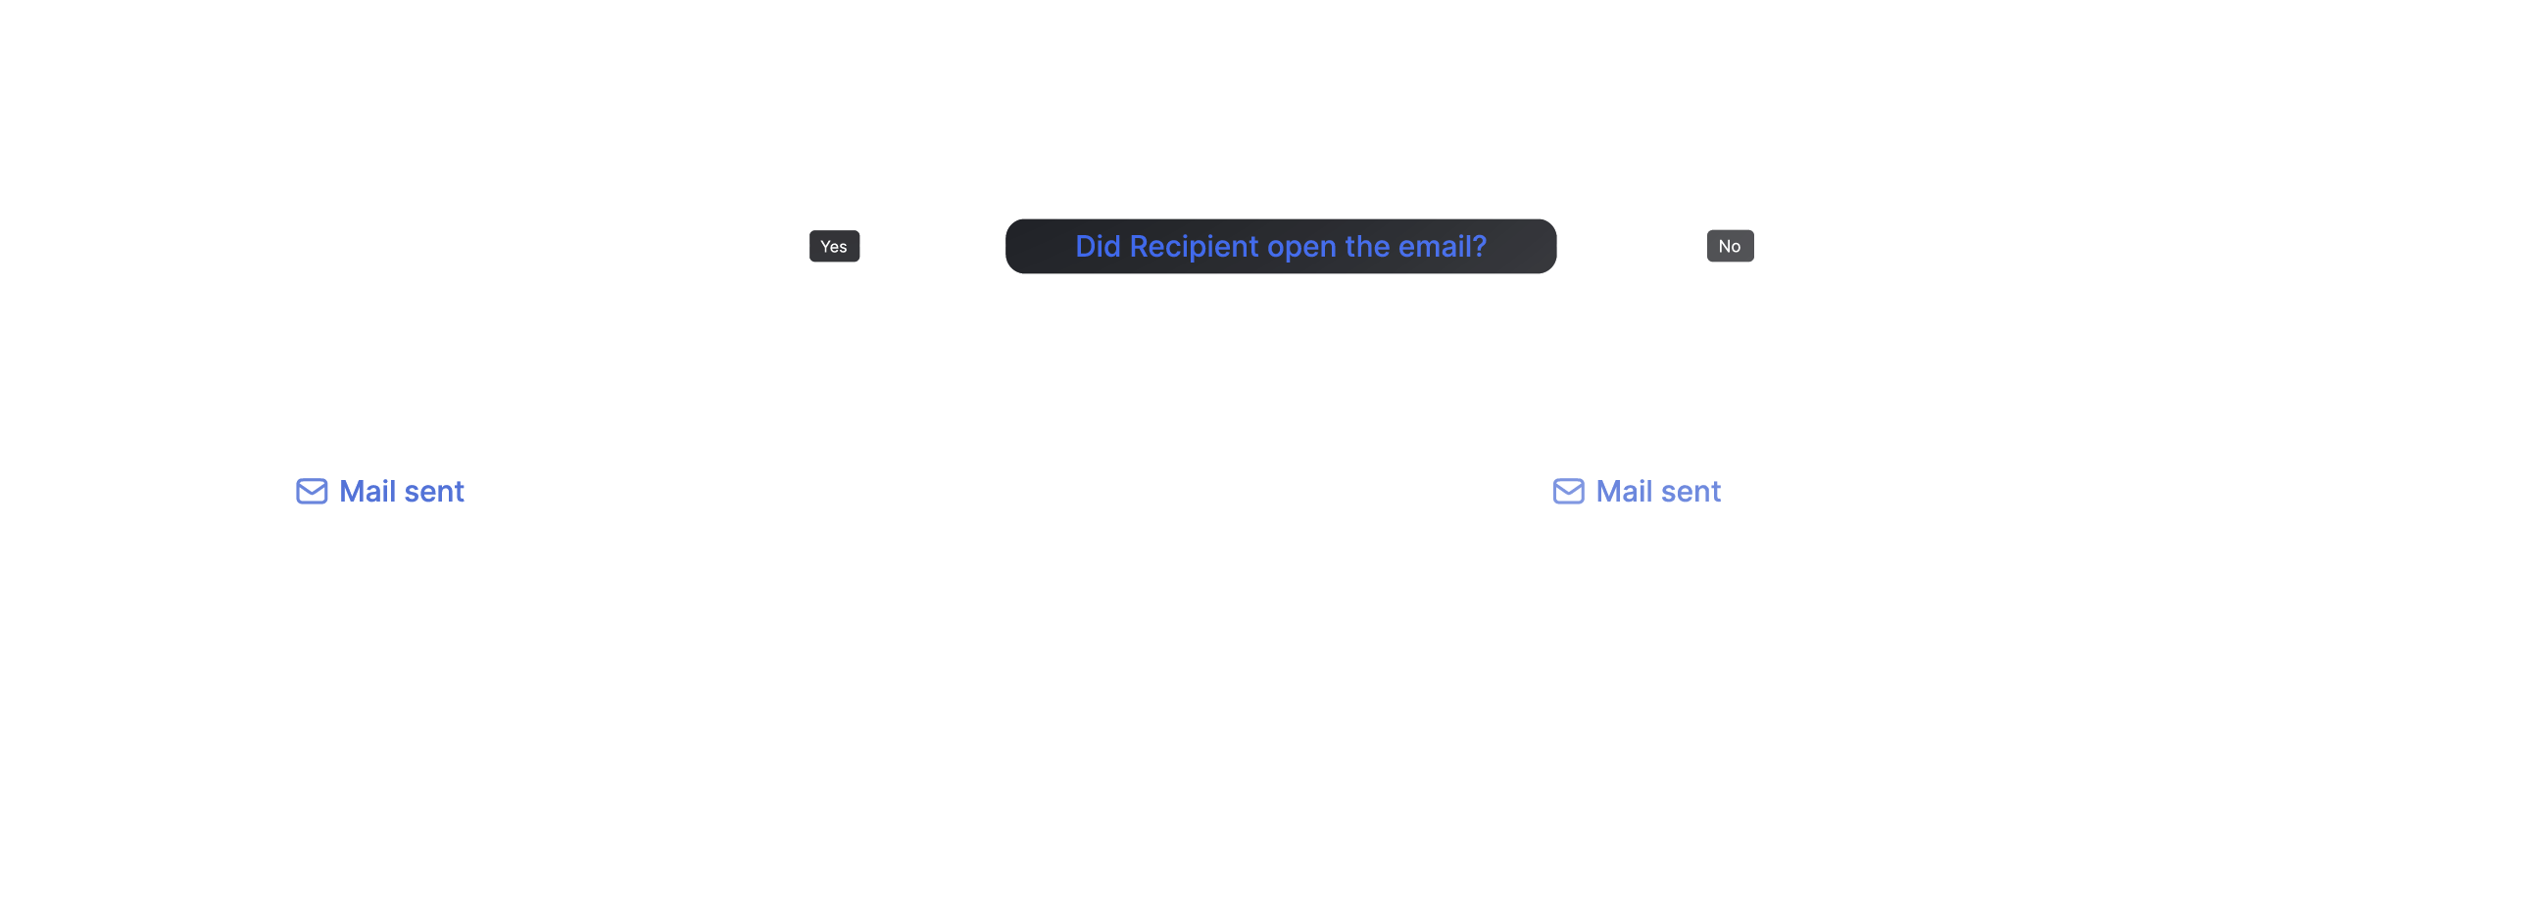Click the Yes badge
coord(834,246)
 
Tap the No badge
coord(1730,246)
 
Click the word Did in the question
coord(1098,246)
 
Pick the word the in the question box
coord(1367,246)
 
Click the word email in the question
coord(1435,246)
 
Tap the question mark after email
coord(1479,246)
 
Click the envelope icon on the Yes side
coord(312,492)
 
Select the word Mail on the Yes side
coord(367,492)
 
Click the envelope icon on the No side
coord(1569,492)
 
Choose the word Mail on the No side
coord(1624,492)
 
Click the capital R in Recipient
coord(1140,246)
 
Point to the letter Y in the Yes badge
coord(826,246)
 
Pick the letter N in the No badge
coord(1724,246)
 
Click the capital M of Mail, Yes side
coord(352,492)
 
